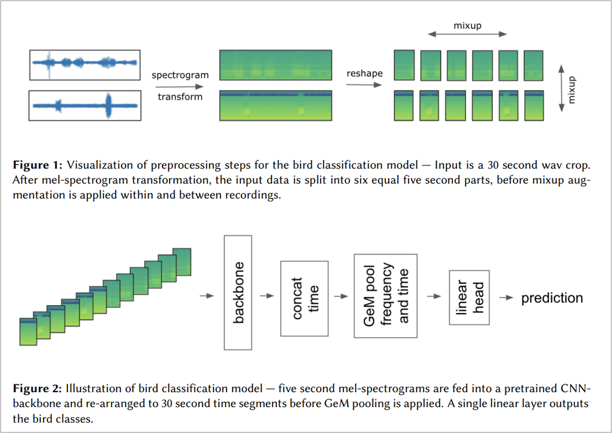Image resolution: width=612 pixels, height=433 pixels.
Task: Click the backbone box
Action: pos(239,292)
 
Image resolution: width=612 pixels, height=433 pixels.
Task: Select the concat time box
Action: pos(304,298)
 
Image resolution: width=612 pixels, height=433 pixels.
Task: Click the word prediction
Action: pos(552,299)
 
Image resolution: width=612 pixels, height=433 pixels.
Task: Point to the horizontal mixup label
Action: pos(467,25)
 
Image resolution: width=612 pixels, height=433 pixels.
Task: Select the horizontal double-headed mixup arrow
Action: pos(468,34)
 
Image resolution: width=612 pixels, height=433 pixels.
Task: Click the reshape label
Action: pos(364,74)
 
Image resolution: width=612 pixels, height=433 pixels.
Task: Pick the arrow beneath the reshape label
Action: pos(363,85)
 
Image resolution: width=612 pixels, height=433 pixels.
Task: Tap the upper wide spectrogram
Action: pos(276,65)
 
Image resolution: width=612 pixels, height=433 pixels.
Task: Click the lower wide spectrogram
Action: pos(276,106)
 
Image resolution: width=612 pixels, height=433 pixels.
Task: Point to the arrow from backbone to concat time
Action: pos(267,296)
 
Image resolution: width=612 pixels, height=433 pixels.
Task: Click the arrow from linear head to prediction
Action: pos(506,298)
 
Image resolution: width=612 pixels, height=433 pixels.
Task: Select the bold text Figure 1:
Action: pos(37,164)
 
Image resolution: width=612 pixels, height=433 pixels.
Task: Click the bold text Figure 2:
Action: pos(37,388)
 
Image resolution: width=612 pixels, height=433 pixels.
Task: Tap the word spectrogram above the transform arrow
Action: pos(180,76)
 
